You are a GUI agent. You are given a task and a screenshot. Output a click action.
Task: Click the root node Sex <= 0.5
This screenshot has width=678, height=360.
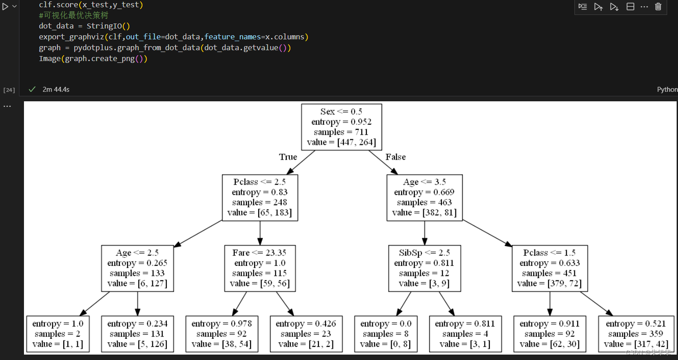click(341, 127)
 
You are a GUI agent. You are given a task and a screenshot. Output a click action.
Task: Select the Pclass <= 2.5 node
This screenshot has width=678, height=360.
click(260, 198)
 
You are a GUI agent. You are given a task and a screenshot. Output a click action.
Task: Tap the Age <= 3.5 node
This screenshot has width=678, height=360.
click(424, 198)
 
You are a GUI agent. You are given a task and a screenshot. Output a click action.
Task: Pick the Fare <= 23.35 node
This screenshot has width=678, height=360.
click(260, 268)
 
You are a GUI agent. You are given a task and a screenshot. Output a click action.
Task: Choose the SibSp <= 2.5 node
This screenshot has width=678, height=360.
click(424, 268)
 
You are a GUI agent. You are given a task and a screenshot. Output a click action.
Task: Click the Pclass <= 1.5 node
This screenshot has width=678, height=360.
click(550, 268)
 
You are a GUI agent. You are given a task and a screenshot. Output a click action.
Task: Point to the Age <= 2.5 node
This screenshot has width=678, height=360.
click(137, 268)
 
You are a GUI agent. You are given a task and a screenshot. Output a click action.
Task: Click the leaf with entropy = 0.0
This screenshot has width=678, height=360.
click(386, 334)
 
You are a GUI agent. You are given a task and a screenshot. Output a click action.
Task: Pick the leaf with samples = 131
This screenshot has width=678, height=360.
click(137, 334)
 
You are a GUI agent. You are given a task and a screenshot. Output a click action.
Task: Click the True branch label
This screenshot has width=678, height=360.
click(288, 157)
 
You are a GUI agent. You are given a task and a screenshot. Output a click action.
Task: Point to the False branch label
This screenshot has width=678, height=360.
click(395, 157)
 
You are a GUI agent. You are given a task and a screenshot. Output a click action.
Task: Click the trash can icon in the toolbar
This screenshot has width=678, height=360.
click(658, 7)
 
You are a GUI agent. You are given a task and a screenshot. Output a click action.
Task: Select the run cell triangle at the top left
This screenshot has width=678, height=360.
click(5, 6)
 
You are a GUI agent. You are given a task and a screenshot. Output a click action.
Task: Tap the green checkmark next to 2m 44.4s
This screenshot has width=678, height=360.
click(32, 90)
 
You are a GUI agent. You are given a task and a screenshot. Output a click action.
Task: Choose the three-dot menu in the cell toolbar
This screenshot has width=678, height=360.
click(645, 7)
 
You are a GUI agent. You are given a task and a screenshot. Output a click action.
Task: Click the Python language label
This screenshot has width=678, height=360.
click(667, 90)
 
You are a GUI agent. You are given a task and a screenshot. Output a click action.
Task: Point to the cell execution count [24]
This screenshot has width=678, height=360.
click(9, 90)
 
